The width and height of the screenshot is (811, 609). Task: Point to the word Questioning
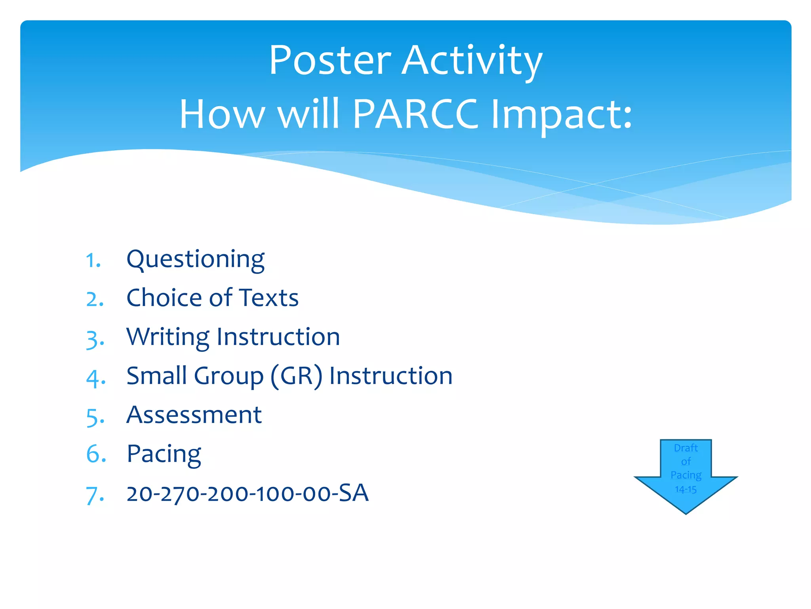coord(195,260)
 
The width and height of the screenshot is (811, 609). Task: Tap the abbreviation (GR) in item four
coord(296,376)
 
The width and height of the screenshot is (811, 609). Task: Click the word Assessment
coord(194,415)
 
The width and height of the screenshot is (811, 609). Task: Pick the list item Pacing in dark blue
coord(164,454)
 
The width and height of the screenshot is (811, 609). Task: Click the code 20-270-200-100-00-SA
coord(247,493)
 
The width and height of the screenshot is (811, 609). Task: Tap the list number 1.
coord(93,261)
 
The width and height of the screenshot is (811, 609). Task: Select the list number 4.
coord(95,377)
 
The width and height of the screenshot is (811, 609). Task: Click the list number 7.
coord(95,495)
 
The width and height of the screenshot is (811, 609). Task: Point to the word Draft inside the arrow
coord(685,448)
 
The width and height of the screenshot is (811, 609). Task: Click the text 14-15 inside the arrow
coord(685,489)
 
